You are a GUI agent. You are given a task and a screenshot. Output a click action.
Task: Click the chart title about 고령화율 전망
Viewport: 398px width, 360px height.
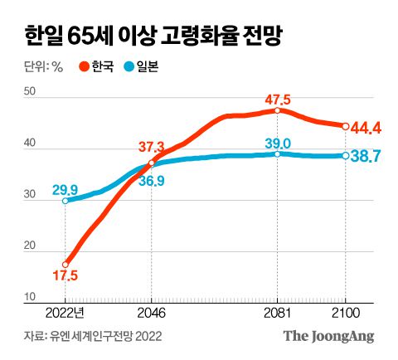[x=153, y=35]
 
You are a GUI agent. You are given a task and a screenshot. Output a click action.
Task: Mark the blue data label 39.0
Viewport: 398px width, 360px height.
[x=279, y=142]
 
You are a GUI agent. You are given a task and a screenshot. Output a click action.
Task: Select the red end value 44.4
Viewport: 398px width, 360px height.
[x=366, y=127]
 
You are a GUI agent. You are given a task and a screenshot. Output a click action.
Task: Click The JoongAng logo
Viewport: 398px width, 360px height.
[x=329, y=337]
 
